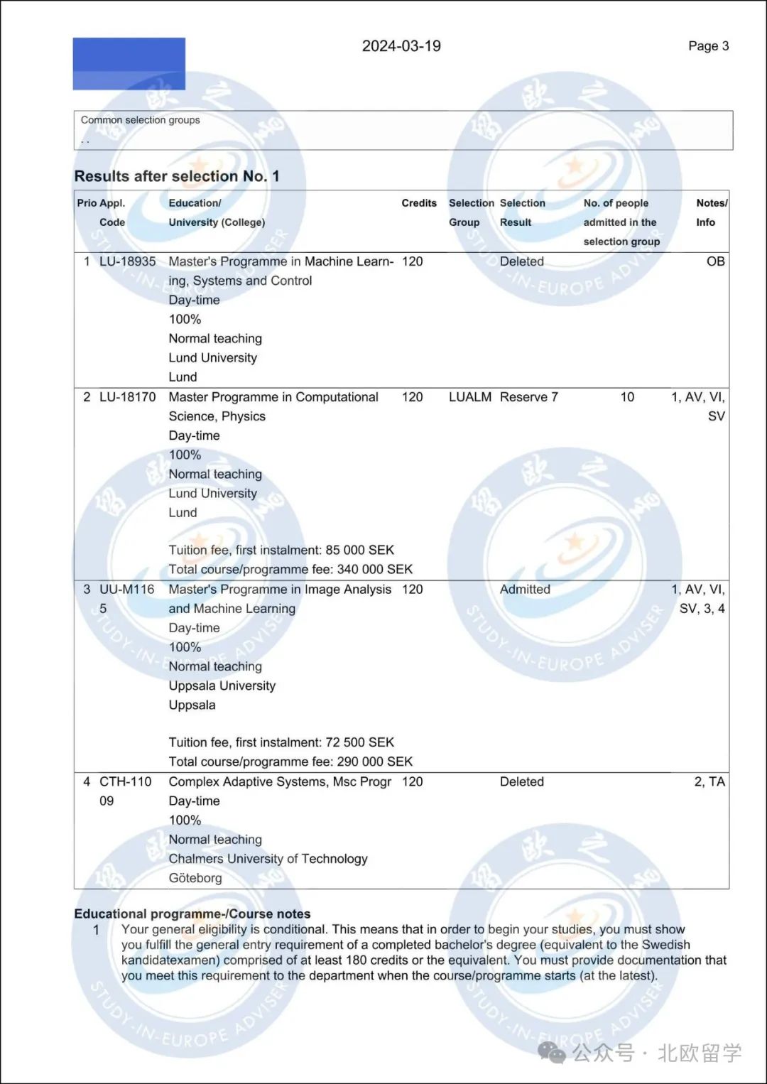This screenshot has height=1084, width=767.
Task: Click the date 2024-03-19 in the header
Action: (401, 46)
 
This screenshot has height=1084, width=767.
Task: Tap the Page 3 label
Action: (708, 46)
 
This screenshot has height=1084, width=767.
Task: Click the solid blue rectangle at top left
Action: (129, 64)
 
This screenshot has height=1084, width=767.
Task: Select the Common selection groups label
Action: (140, 120)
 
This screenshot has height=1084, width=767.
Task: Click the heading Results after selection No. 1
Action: (177, 176)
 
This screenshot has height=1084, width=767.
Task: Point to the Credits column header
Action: (419, 203)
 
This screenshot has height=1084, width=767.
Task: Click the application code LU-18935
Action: (127, 261)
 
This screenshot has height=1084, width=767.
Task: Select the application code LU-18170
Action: (127, 397)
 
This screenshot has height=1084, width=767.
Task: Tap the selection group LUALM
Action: (469, 397)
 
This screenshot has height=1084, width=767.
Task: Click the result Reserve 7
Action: (528, 397)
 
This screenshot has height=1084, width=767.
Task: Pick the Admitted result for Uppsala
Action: (525, 590)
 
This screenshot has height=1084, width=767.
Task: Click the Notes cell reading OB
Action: (715, 261)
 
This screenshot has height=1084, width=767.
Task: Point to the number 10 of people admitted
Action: (627, 397)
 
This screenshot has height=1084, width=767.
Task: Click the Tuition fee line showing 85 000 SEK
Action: (281, 551)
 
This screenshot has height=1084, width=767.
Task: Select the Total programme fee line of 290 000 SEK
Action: (290, 761)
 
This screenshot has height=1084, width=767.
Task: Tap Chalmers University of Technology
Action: (268, 859)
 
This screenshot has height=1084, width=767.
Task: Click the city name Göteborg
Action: (195, 878)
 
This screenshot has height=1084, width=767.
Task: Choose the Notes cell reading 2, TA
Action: (709, 782)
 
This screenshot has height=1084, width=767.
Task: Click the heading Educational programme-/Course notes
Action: (192, 914)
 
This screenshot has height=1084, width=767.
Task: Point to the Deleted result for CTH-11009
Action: (521, 782)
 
